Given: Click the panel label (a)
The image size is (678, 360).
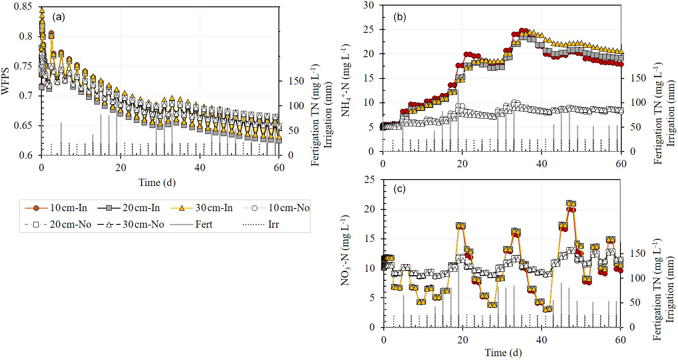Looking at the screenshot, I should pos(58,17).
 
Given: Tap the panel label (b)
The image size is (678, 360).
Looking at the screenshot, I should pos(400,17).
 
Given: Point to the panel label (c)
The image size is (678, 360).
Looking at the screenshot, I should pos(400,189).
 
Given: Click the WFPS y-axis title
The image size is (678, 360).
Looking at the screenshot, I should pos(5,81).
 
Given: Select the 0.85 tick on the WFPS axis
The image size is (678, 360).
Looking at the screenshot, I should pos(23,7).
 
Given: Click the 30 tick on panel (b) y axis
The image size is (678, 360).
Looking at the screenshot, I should pos(368,6).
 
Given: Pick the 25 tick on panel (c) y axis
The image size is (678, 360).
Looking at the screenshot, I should pos(369,180).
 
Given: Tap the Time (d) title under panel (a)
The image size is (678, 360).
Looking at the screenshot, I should pos(157,183).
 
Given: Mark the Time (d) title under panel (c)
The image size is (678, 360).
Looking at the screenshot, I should pos(503,353).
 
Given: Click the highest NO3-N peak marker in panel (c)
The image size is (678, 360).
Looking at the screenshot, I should pos(570,204).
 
